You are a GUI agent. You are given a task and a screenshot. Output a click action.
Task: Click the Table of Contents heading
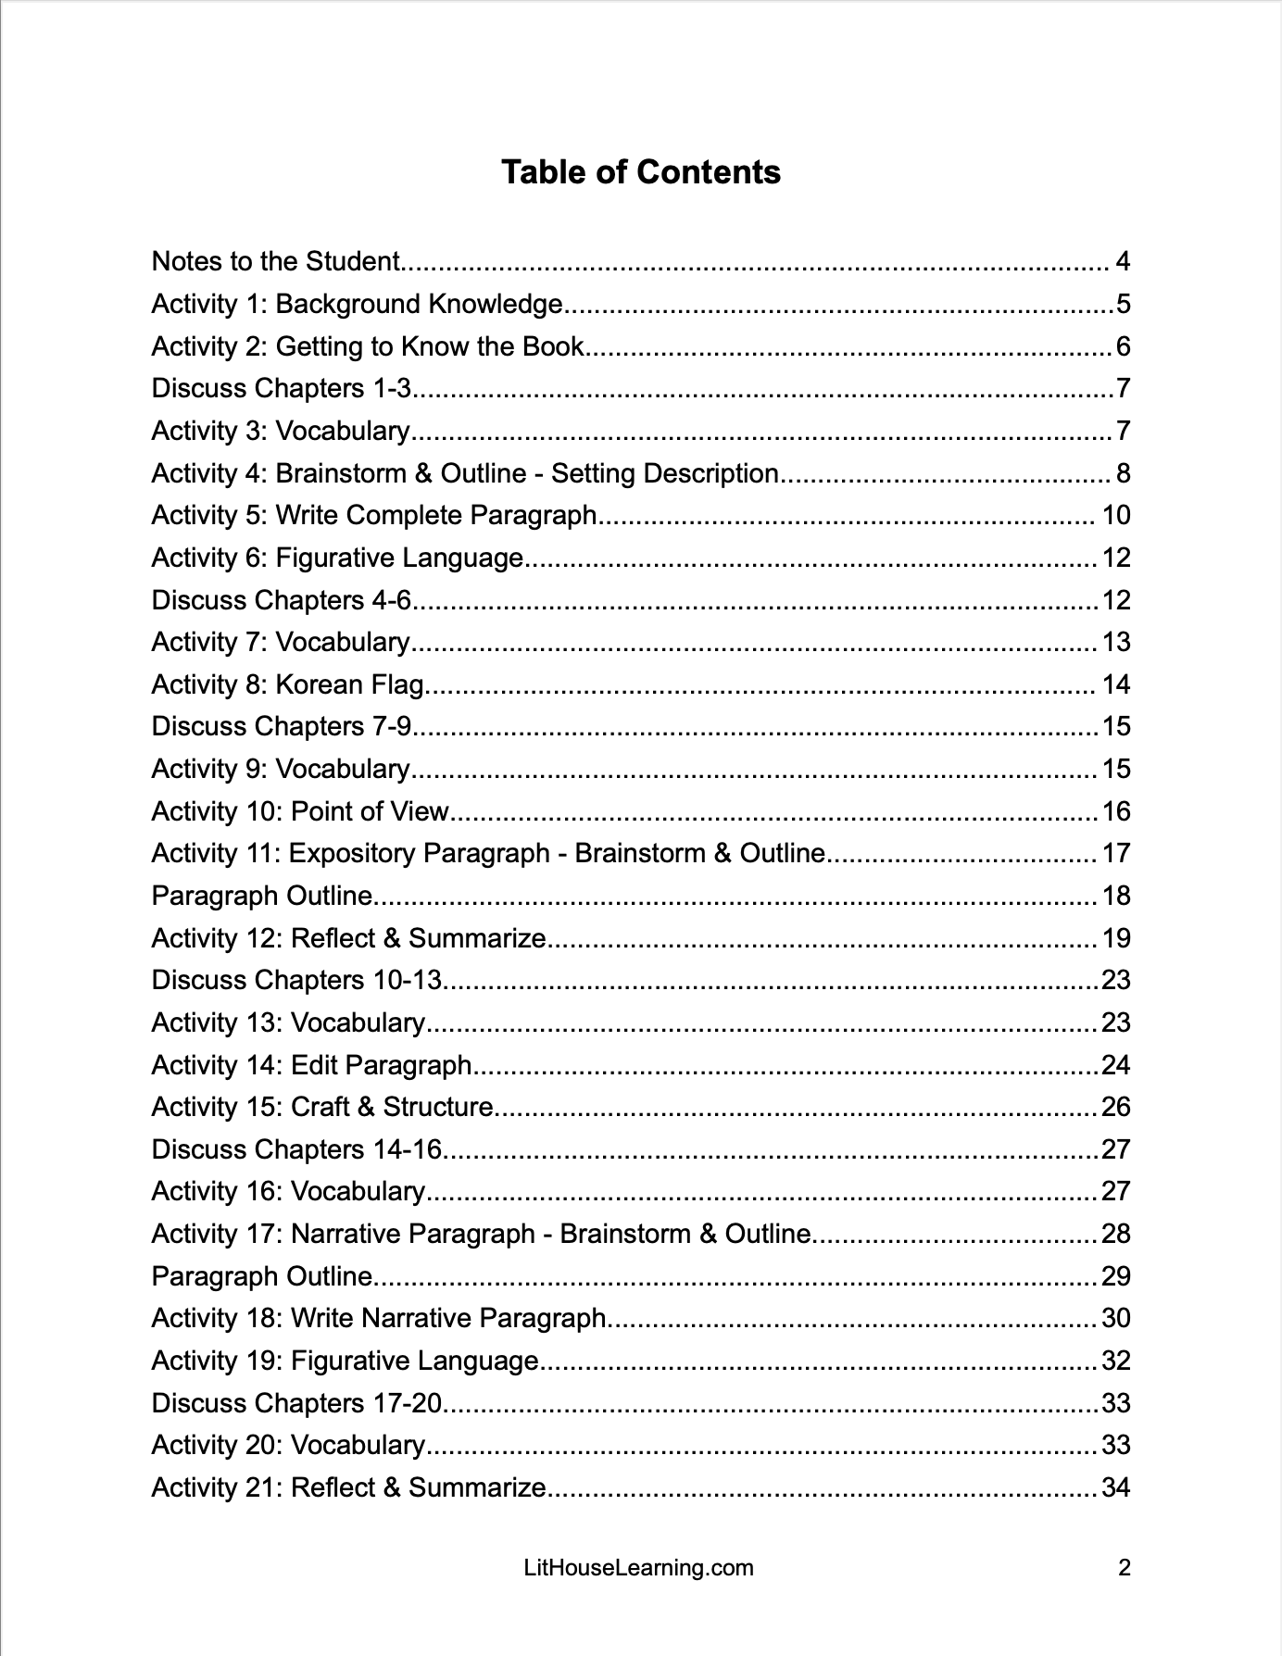pos(640,172)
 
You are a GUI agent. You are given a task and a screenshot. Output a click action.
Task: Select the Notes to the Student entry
pos(276,261)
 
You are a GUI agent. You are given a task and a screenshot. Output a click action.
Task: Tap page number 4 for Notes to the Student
pos(1123,261)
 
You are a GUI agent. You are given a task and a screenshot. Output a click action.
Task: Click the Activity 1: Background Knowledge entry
pos(357,304)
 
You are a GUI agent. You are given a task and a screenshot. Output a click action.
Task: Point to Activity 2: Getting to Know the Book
pos(368,346)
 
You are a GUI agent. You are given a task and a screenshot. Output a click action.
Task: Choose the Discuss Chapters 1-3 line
pos(281,388)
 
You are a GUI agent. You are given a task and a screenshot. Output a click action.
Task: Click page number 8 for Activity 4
pos(1123,473)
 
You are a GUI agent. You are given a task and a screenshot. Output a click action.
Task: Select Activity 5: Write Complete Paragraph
pos(374,515)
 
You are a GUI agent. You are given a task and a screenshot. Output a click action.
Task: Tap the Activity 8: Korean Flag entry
pos(287,684)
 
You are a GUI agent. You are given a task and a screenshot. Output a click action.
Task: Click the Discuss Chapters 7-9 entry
pos(281,726)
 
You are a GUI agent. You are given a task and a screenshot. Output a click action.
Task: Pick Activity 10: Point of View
pos(300,811)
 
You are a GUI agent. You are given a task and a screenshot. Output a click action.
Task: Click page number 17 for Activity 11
pos(1116,853)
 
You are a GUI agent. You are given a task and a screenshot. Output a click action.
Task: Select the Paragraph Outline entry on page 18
pos(262,896)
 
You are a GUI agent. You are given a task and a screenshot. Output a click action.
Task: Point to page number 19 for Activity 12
pos(1116,938)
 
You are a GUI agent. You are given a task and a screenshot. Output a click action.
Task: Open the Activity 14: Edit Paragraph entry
pos(312,1065)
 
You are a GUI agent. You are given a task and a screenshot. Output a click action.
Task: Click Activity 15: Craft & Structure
pos(322,1107)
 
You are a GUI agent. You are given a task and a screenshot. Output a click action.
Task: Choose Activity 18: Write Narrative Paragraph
pos(379,1318)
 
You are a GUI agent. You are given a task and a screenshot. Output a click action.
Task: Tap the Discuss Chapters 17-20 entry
pos(296,1403)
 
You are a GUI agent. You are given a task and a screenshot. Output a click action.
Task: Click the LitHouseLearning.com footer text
pos(638,1568)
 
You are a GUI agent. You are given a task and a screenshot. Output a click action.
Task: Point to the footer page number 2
pos(1125,1568)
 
